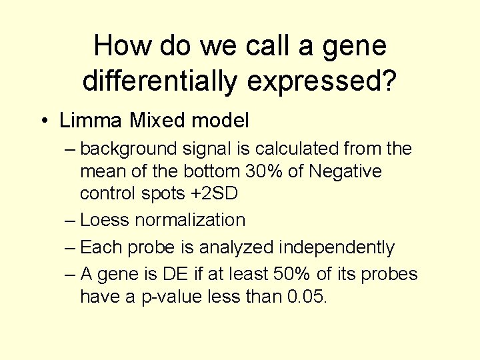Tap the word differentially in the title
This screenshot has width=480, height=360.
pyautogui.click(x=159, y=81)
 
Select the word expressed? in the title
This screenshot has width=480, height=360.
pyautogui.click(x=321, y=81)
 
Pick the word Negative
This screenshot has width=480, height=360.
pyautogui.click(x=347, y=171)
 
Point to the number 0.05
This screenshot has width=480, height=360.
pyautogui.click(x=307, y=297)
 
